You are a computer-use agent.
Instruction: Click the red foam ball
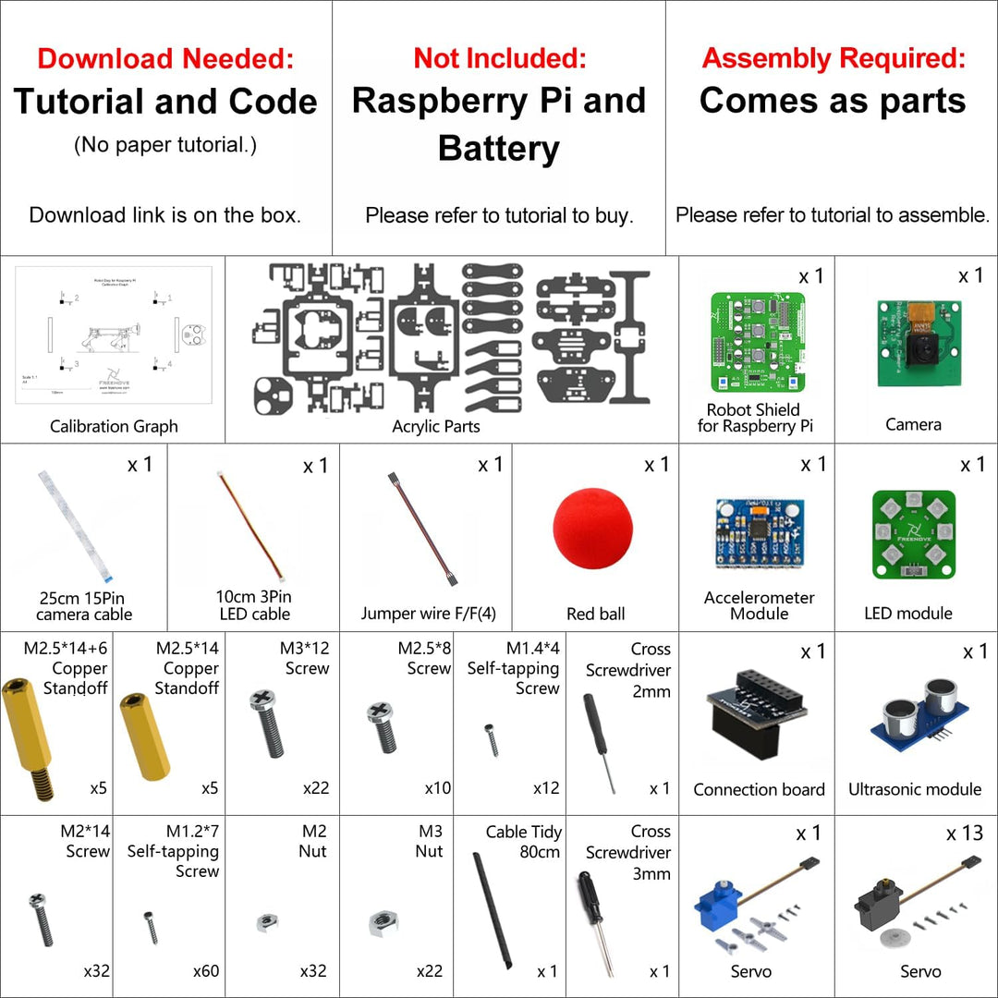(x=593, y=529)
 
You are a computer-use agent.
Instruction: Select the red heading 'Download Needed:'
(x=165, y=59)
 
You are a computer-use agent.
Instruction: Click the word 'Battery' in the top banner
(x=499, y=149)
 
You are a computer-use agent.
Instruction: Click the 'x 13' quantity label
(x=965, y=834)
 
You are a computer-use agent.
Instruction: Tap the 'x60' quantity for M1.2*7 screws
(x=206, y=971)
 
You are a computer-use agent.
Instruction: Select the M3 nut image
(x=383, y=921)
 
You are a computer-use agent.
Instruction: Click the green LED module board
(x=913, y=533)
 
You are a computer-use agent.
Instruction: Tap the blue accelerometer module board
(x=759, y=533)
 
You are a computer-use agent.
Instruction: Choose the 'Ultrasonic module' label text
(x=915, y=789)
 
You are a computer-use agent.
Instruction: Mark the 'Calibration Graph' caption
(x=114, y=426)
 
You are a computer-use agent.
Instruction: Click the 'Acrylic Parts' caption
(x=436, y=426)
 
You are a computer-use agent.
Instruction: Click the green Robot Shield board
(x=758, y=342)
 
